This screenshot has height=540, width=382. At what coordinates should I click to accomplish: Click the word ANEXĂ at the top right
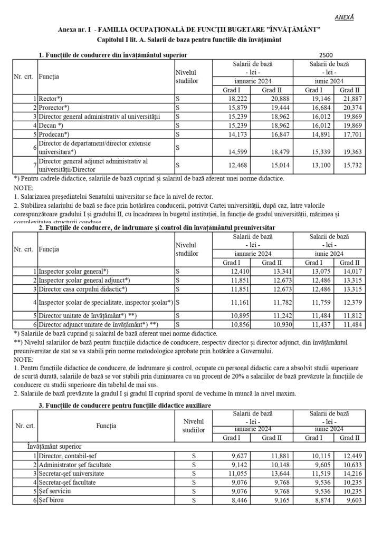coord(345,17)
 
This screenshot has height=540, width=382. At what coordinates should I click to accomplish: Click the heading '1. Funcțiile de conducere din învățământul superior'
coord(112,55)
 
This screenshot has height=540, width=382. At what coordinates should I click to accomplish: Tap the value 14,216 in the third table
coord(350,474)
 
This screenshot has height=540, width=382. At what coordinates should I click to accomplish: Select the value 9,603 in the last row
coord(351,501)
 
